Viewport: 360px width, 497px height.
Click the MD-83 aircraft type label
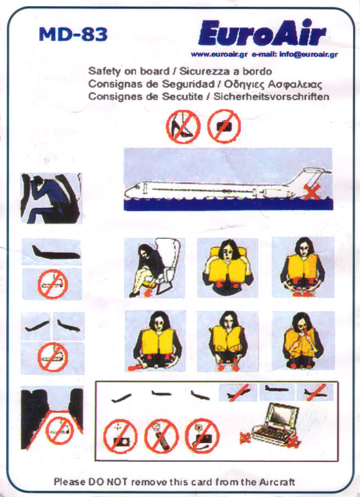73,35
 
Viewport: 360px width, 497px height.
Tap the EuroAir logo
262,33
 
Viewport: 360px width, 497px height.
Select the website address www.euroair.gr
219,55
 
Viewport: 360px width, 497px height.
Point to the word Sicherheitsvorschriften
271,97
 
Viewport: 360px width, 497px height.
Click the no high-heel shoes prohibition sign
183,126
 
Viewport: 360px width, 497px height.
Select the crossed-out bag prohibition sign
224,126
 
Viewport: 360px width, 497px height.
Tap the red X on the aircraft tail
312,192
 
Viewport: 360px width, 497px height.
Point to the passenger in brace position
50,198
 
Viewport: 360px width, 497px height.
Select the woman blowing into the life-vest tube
303,341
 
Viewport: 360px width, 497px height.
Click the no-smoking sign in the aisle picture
60,431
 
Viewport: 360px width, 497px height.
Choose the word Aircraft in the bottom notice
277,482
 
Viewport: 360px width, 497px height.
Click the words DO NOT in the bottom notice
108,482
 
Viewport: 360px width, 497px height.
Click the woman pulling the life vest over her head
228,268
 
